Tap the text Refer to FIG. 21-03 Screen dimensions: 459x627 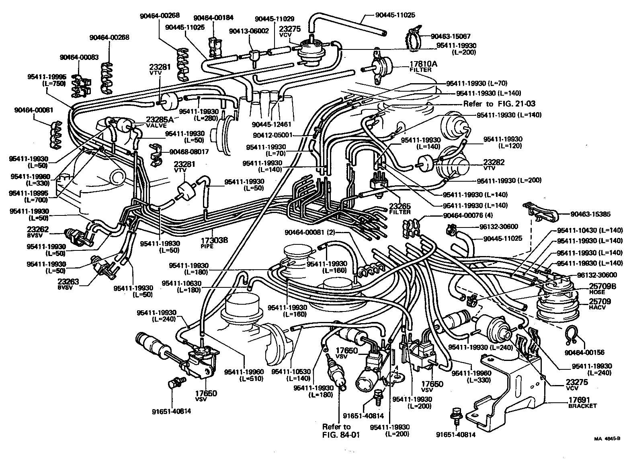tap(499, 104)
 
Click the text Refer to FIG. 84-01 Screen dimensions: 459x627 tap(336, 430)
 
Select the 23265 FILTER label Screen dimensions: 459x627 tap(400, 208)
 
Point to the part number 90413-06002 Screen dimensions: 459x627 tap(249, 31)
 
